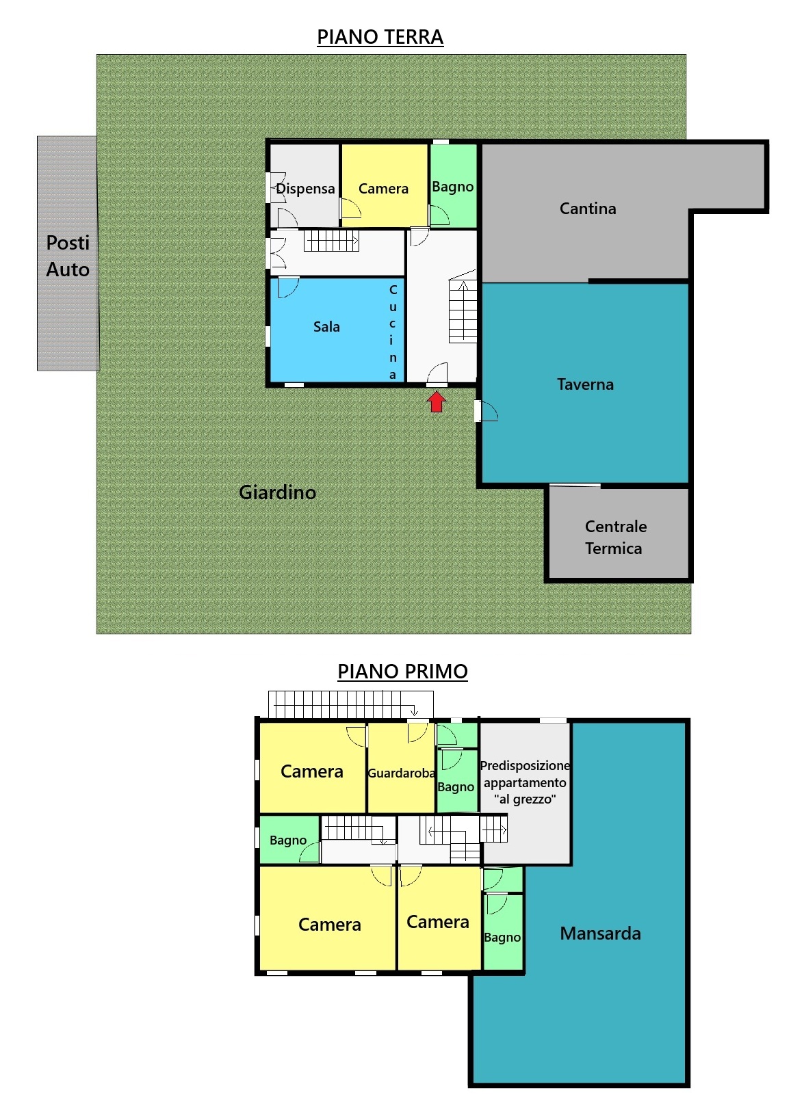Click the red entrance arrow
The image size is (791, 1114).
[437, 401]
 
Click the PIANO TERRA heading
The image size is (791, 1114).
[380, 38]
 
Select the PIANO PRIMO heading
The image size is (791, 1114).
[402, 672]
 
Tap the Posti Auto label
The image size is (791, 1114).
[68, 256]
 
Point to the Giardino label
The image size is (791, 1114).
[278, 492]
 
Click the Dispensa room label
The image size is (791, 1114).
[305, 189]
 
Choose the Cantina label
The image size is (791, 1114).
[588, 208]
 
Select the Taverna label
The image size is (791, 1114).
[585, 384]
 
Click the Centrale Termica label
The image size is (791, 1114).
[615, 537]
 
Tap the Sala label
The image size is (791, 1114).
[326, 327]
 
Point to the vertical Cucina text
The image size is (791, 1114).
[393, 332]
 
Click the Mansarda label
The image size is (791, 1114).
[600, 933]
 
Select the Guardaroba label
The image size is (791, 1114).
[401, 773]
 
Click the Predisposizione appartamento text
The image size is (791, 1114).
[525, 774]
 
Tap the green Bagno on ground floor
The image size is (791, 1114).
[453, 185]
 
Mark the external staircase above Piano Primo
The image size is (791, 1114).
[351, 704]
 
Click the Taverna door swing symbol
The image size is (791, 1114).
[486, 411]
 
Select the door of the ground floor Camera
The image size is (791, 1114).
[351, 208]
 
